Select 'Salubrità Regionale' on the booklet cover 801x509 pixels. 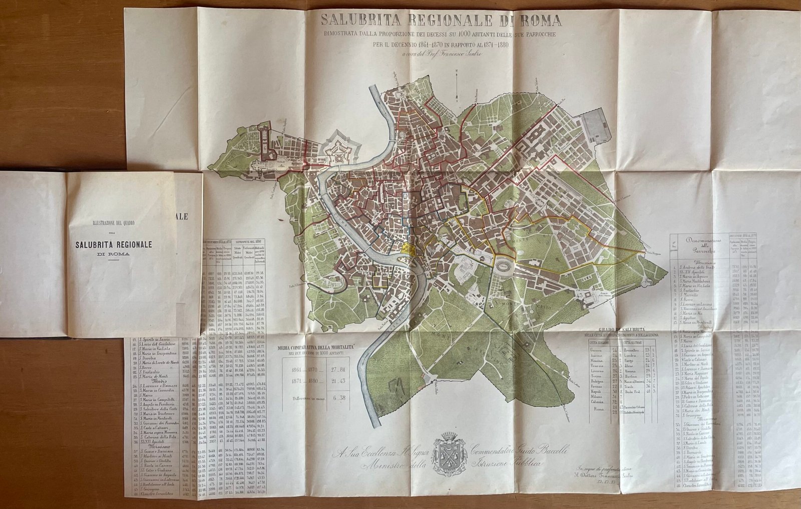click(x=114, y=244)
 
